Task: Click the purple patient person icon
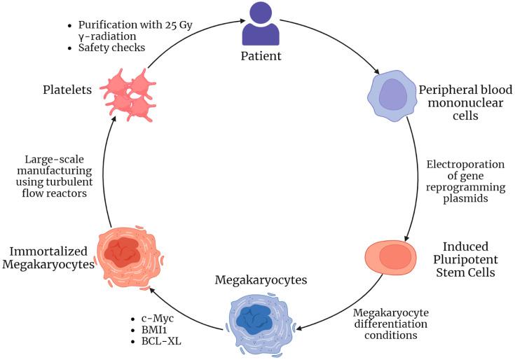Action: tap(261, 25)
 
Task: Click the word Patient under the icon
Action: tap(261, 56)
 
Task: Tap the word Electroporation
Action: tap(465, 165)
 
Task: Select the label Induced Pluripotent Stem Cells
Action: tap(469, 259)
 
